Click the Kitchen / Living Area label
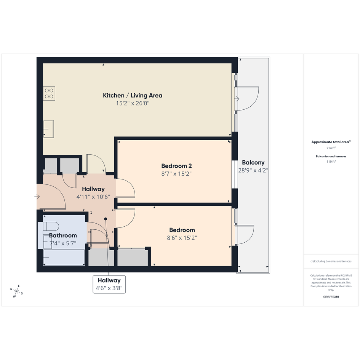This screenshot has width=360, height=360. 133,96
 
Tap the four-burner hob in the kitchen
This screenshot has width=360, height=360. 49,93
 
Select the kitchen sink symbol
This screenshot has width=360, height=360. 48,129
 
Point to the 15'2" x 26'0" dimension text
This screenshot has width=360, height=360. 133,103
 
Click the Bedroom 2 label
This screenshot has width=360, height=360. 176,166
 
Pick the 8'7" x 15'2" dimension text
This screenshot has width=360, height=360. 176,174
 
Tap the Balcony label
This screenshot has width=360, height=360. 253,163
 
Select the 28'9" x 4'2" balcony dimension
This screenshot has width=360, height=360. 253,170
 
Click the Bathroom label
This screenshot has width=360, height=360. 63,235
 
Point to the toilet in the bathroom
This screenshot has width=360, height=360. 51,226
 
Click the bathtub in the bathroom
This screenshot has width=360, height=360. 64,257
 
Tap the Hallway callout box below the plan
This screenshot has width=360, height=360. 109,284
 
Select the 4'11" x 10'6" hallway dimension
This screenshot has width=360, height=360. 93,197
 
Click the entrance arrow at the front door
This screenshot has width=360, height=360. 37,197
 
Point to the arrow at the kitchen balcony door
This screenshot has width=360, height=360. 237,99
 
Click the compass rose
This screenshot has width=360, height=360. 16,291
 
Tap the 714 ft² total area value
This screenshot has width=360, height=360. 331,148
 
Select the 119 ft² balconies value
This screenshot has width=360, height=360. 331,162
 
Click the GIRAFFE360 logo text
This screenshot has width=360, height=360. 331,297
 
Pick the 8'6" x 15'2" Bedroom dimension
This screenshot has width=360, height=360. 182,238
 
